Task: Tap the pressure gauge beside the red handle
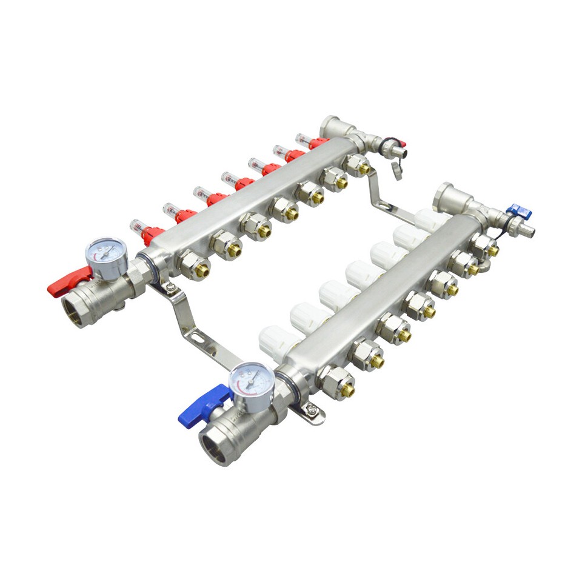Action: point(107,258)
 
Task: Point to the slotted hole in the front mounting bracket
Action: point(195,333)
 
